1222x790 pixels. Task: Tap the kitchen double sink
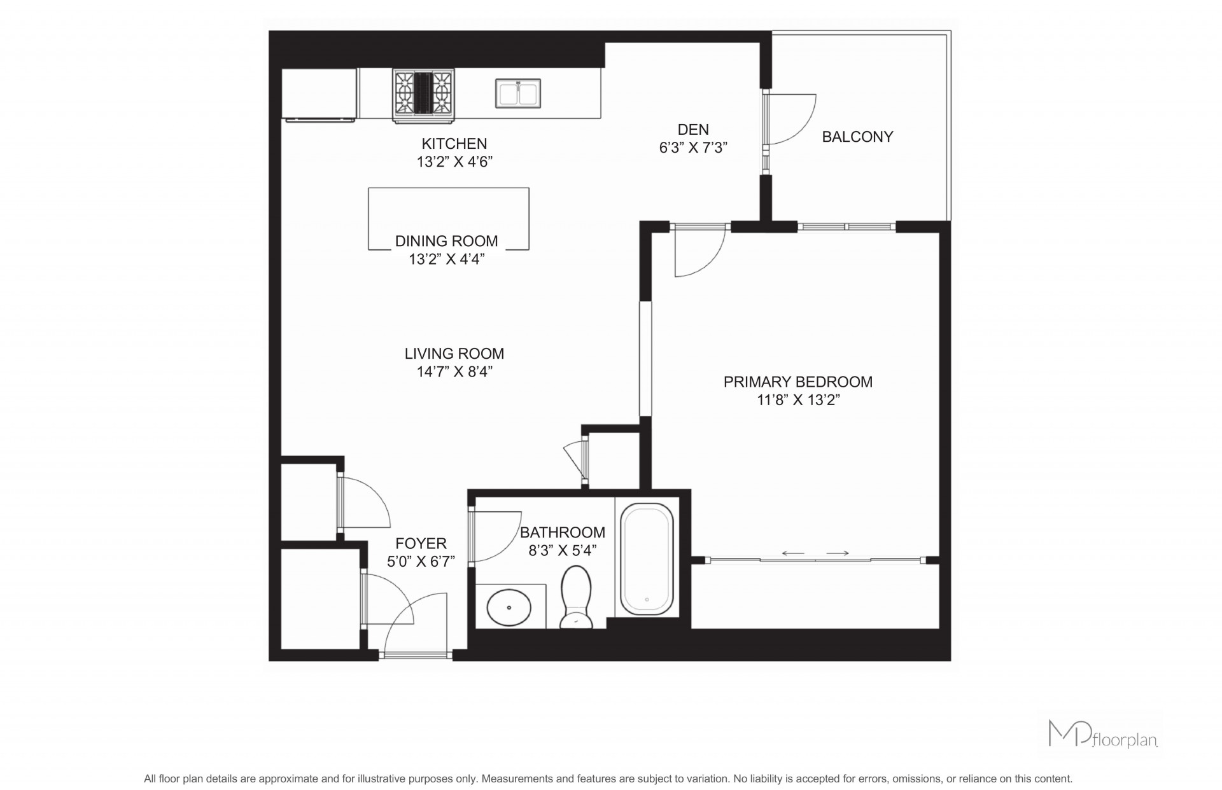coord(518,94)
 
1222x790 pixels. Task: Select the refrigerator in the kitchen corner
coord(319,94)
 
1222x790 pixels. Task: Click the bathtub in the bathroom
coord(647,559)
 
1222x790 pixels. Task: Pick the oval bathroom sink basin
coord(509,607)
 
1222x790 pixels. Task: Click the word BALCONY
coord(857,137)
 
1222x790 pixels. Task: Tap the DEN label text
coord(693,130)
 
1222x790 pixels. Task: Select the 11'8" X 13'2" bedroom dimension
coord(798,400)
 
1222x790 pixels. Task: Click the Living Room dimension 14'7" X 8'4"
coord(454,371)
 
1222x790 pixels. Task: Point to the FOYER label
coord(421,543)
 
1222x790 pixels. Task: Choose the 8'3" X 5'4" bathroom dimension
coord(563,551)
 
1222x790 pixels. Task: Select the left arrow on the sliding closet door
coord(792,553)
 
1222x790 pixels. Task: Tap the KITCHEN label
coord(454,144)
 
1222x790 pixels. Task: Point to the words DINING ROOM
coord(446,241)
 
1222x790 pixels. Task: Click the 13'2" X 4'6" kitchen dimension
coord(454,162)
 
